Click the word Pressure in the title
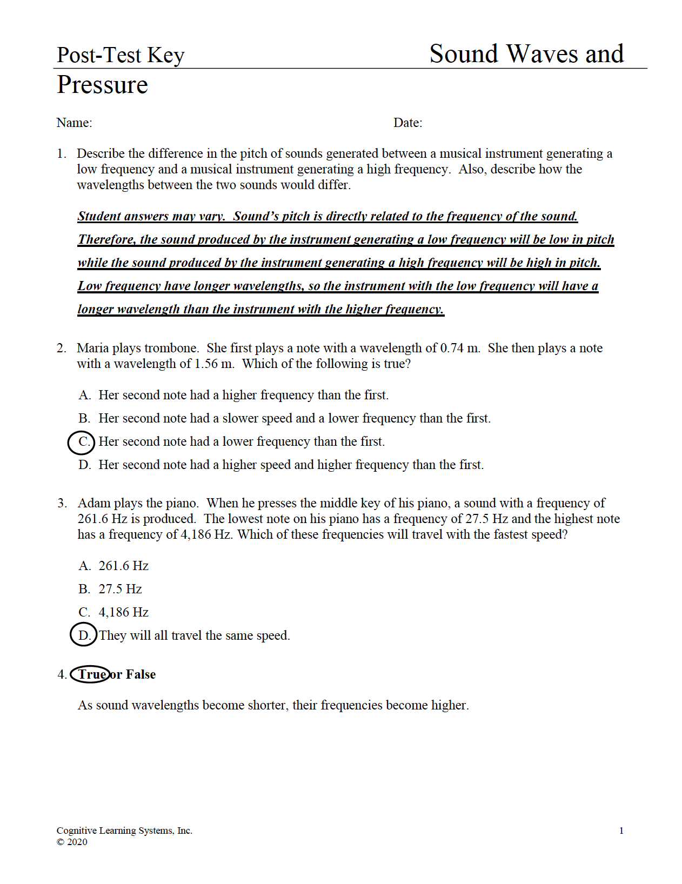(x=102, y=85)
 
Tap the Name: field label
(x=74, y=123)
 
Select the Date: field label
(x=407, y=123)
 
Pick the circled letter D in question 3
(x=84, y=635)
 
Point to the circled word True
(x=91, y=674)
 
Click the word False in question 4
(x=141, y=674)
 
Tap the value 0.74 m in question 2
(x=459, y=349)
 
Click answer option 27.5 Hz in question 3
(x=120, y=590)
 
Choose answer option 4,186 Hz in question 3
(x=123, y=613)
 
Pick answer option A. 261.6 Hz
(x=113, y=566)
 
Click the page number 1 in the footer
(x=621, y=831)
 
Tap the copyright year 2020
(x=77, y=842)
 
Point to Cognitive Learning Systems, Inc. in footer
(x=124, y=831)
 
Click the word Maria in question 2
(x=92, y=349)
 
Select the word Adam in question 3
(x=93, y=504)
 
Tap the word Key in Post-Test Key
(x=166, y=56)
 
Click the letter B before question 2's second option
(x=84, y=419)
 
